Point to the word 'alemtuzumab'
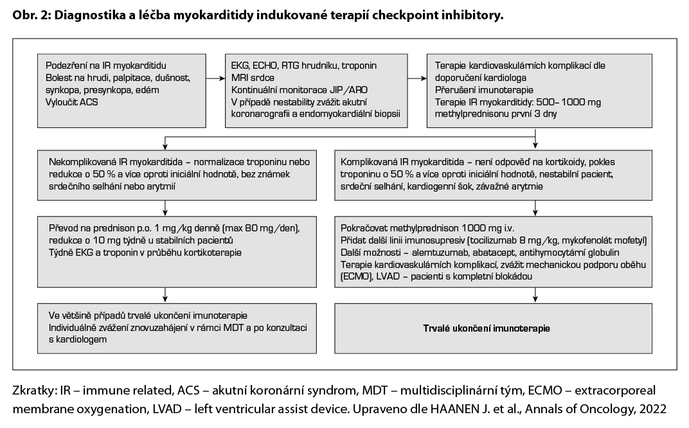point(444,253)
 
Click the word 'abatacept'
point(496,253)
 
